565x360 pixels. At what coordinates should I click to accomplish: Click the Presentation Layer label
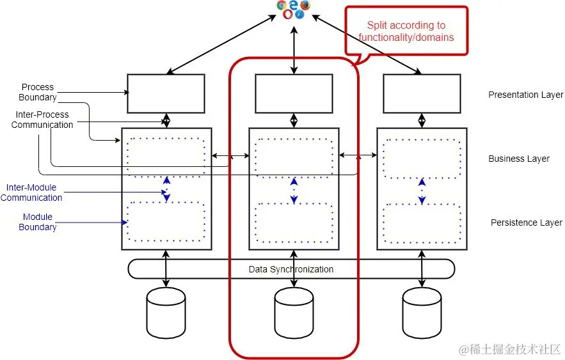pos(525,95)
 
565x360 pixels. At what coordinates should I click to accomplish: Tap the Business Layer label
pos(518,159)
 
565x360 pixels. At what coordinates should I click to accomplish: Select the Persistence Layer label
pos(526,223)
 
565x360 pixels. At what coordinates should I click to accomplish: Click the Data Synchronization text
pos(291,269)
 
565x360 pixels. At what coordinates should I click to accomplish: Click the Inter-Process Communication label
pos(42,120)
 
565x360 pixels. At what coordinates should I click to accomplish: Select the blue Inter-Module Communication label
pos(31,192)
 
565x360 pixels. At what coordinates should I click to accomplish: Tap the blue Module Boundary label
pos(37,222)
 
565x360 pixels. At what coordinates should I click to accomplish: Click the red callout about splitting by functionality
pos(406,31)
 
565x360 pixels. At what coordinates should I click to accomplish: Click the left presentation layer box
pos(166,93)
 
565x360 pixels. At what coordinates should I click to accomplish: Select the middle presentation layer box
pos(294,93)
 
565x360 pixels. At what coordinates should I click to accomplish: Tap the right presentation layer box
pos(422,93)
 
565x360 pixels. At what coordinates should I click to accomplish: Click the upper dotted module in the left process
pos(166,157)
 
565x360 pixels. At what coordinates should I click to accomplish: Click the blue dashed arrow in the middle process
pos(294,190)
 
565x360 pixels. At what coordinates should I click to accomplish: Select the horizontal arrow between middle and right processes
pos(358,155)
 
